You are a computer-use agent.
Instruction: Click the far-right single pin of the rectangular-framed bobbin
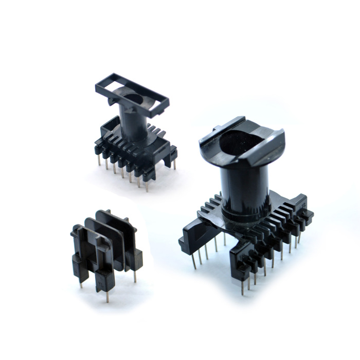coord(175,164)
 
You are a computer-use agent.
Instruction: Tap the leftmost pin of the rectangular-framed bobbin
coord(98,161)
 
